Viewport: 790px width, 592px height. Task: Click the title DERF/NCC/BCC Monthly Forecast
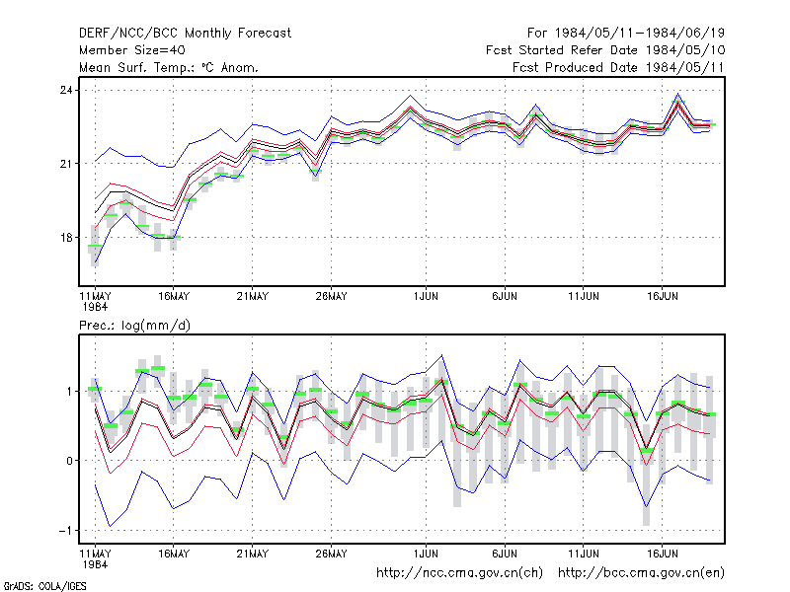[x=185, y=34]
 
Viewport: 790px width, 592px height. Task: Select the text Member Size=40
[x=132, y=50]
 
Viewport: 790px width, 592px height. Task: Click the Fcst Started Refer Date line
[x=605, y=50]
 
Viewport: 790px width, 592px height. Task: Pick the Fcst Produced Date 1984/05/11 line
[x=618, y=67]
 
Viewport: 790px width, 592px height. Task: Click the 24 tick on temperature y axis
[x=66, y=90]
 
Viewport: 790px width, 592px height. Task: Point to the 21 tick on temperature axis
[x=66, y=164]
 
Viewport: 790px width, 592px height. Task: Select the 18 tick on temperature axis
[x=66, y=237]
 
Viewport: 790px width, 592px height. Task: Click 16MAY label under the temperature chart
[x=174, y=296]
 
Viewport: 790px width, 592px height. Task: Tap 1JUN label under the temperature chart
[x=426, y=296]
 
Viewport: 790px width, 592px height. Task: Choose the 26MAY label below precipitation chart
[x=331, y=554]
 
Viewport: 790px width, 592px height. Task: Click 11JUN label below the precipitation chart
[x=584, y=554]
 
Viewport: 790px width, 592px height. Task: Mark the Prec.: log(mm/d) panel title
[x=134, y=326]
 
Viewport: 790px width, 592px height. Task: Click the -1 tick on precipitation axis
[x=65, y=531]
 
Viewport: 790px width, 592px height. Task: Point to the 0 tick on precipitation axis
[x=69, y=461]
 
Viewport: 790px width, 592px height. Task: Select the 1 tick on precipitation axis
[x=69, y=391]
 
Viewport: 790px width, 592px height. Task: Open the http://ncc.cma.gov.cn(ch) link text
[x=459, y=573]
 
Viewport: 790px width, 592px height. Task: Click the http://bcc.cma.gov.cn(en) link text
[x=641, y=573]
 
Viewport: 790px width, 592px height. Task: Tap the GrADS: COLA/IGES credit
[x=44, y=586]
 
